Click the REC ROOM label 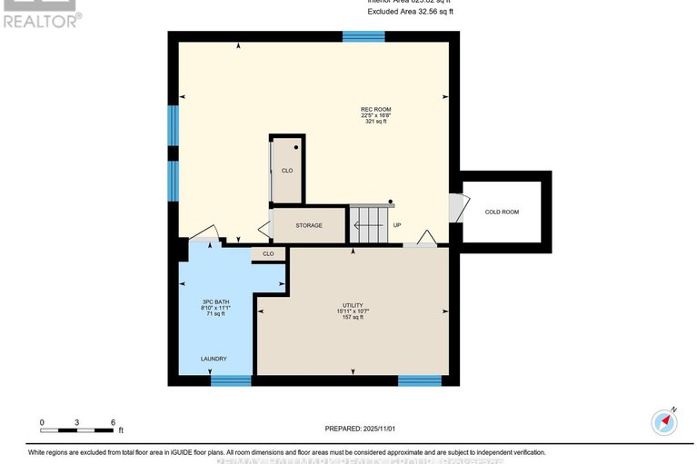pyautogui.click(x=376, y=110)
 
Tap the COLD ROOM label pyautogui.click(x=502, y=212)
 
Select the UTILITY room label pyautogui.click(x=353, y=305)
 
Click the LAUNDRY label pyautogui.click(x=214, y=359)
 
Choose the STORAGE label pyautogui.click(x=309, y=225)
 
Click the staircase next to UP pyautogui.click(x=369, y=225)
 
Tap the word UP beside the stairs pyautogui.click(x=397, y=225)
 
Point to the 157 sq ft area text pyautogui.click(x=353, y=318)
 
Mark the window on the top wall pyautogui.click(x=363, y=36)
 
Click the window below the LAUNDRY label pyautogui.click(x=231, y=380)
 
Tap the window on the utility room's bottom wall pyautogui.click(x=420, y=380)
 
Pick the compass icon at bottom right pyautogui.click(x=665, y=422)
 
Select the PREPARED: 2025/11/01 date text pyautogui.click(x=362, y=429)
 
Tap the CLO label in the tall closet pyautogui.click(x=287, y=170)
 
